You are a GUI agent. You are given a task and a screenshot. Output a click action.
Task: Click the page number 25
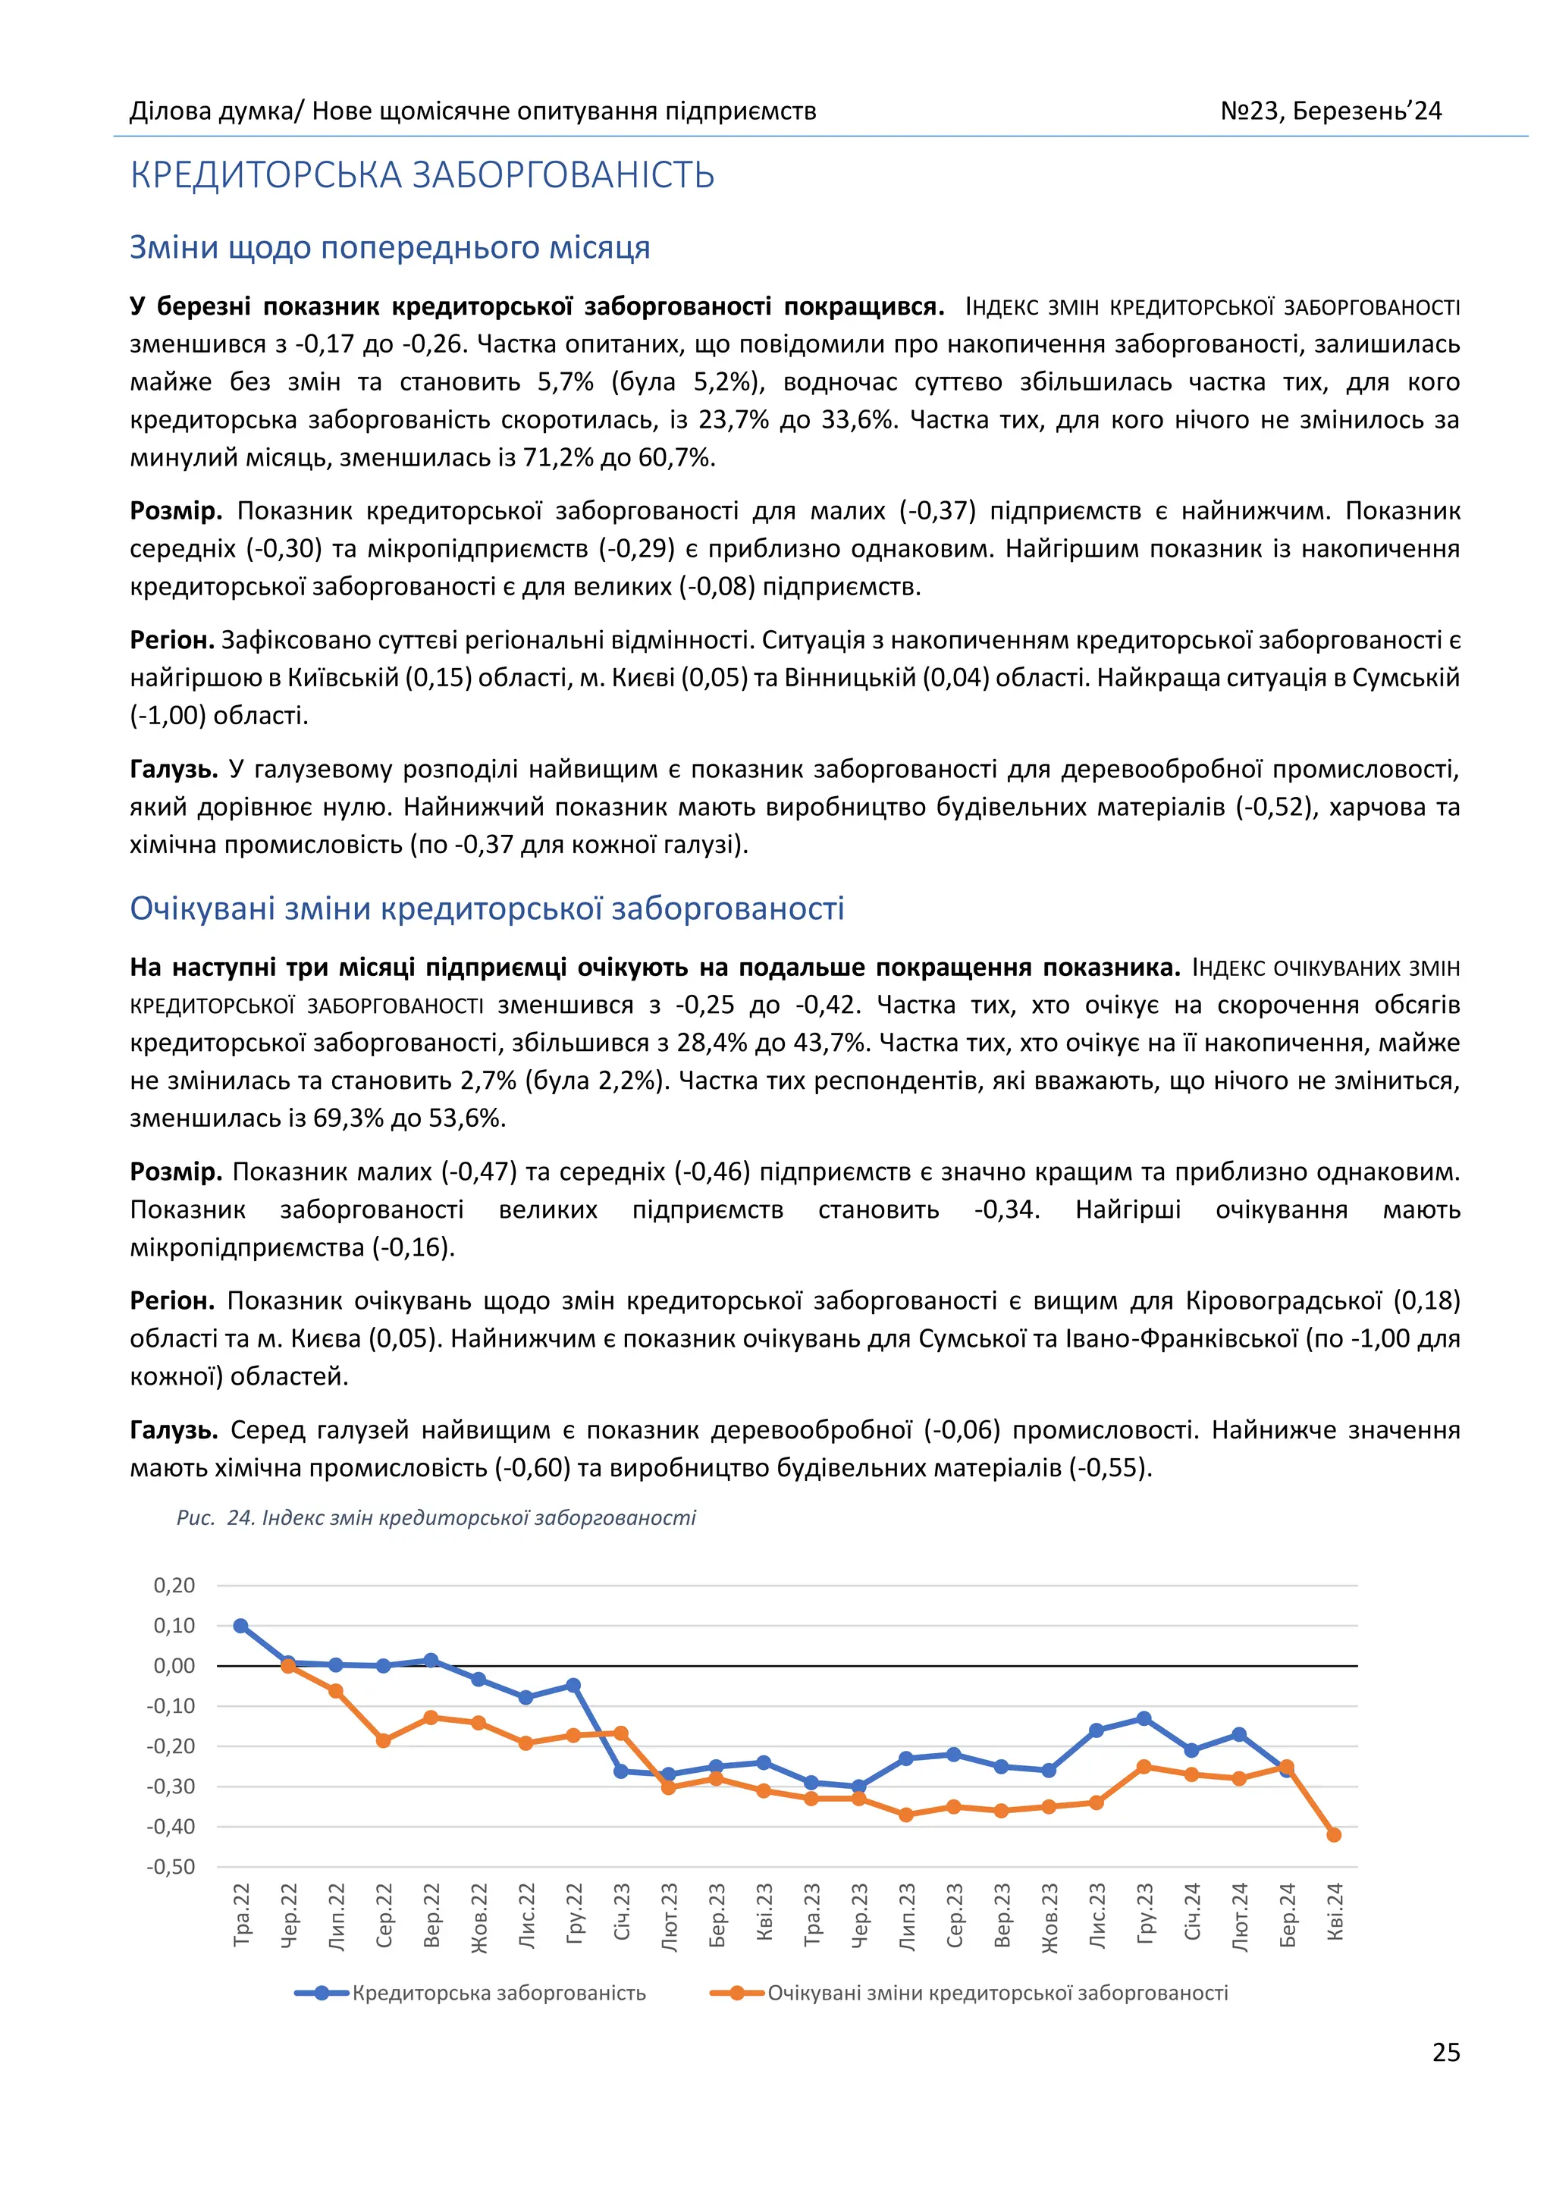point(1445,2052)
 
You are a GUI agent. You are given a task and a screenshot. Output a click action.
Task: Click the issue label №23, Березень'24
point(1330,111)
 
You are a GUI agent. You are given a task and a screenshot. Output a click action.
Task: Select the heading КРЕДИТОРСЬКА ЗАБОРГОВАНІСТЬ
point(422,175)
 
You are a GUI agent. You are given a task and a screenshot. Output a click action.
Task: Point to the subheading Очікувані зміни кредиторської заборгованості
point(487,908)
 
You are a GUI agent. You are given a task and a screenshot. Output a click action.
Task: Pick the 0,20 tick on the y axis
point(174,1585)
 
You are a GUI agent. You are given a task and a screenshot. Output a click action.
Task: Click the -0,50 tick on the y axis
point(170,1866)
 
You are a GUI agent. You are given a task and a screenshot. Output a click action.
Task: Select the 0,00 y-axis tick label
point(174,1665)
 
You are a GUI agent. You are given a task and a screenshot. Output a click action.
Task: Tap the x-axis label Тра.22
point(242,1914)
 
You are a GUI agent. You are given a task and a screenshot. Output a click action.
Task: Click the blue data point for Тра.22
point(241,1626)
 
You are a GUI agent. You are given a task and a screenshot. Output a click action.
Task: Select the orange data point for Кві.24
point(1334,1834)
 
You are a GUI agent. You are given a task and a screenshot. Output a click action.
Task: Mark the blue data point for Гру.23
point(1144,1719)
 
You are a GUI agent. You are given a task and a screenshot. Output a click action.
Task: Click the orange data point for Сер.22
point(384,1741)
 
